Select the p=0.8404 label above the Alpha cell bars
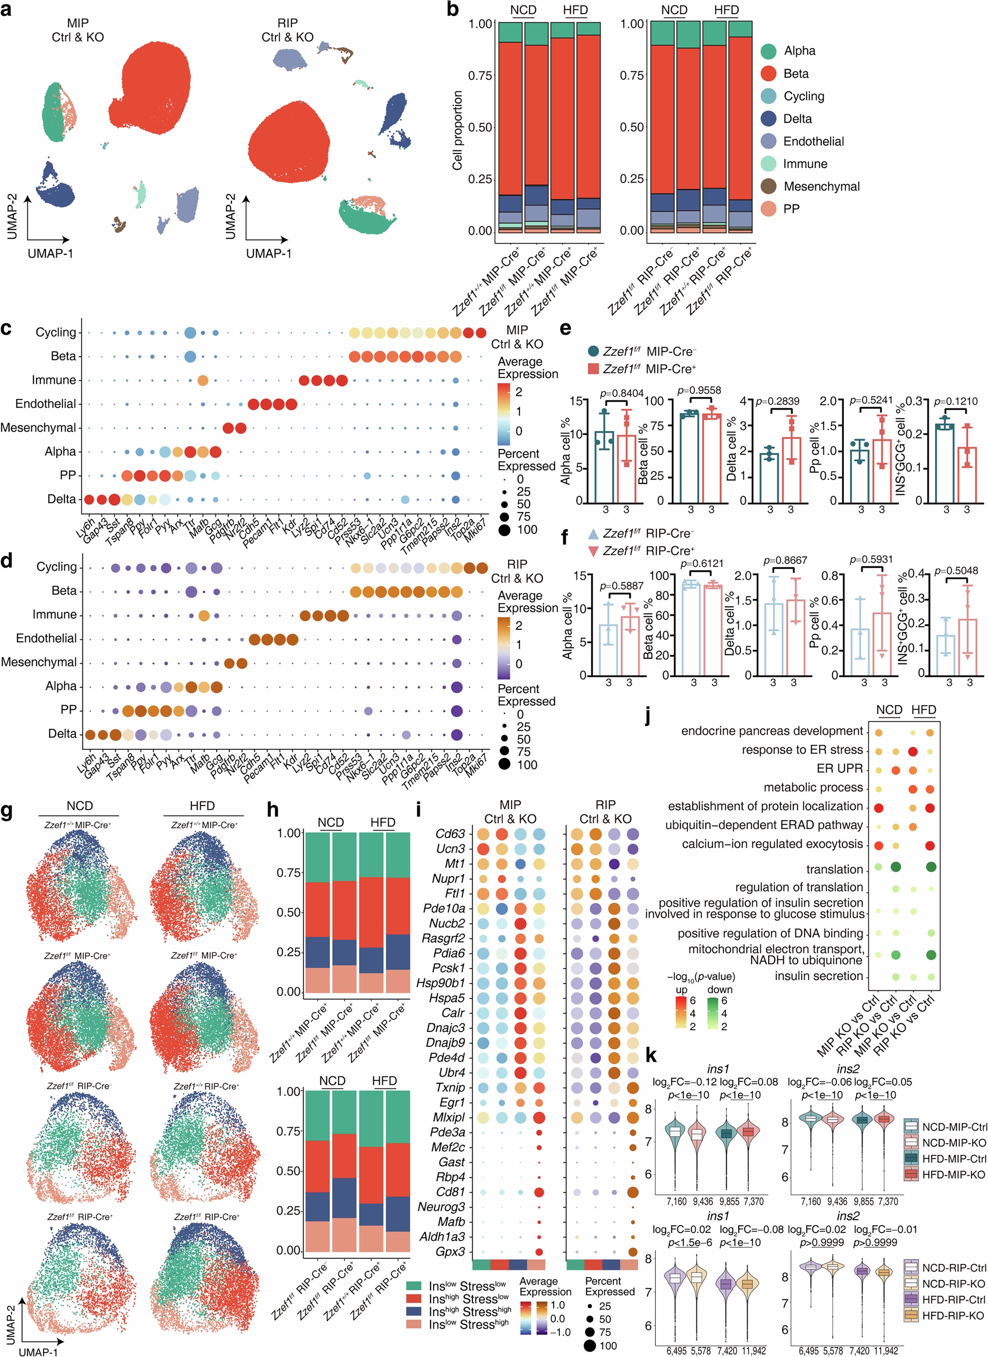(622, 393)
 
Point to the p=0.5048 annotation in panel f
(957, 571)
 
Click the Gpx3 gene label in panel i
(451, 1251)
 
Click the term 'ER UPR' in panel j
(840, 768)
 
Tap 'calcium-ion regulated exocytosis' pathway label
(772, 844)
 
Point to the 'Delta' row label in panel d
(62, 734)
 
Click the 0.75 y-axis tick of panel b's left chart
(480, 75)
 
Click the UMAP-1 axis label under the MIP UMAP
(50, 254)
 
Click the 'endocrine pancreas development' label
(772, 731)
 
